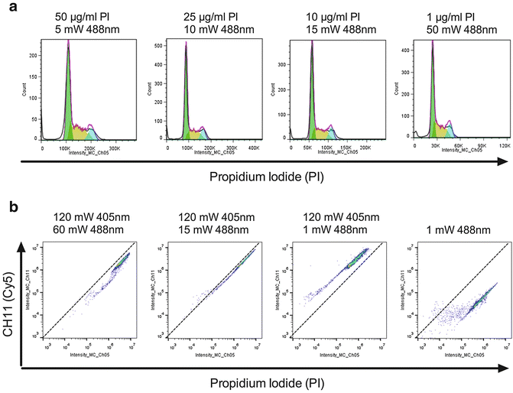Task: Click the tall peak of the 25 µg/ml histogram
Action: [185, 50]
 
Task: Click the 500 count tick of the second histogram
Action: [160, 46]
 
